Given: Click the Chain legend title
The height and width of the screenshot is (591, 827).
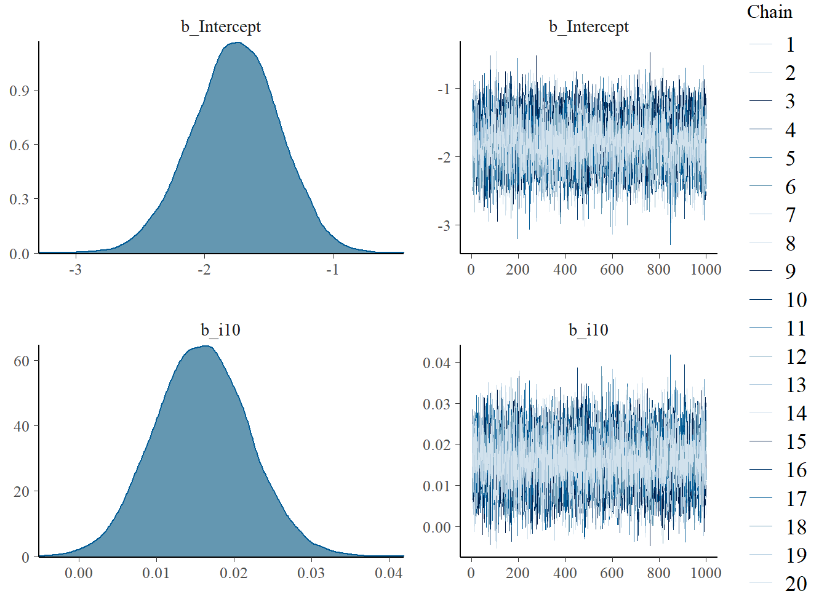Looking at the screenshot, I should pyautogui.click(x=769, y=12).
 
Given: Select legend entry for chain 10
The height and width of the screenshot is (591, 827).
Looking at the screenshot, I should pyautogui.click(x=796, y=300).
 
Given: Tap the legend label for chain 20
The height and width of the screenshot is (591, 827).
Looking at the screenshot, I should pyautogui.click(x=796, y=583).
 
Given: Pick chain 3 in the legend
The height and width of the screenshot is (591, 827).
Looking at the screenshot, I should pyautogui.click(x=790, y=102).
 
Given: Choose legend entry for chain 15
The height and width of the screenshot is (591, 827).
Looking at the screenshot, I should pyautogui.click(x=796, y=441).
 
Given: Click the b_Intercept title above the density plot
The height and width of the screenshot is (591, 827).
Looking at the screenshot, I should pyautogui.click(x=220, y=27).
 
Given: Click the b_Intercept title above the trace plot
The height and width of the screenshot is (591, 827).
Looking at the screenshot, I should pyautogui.click(x=588, y=27).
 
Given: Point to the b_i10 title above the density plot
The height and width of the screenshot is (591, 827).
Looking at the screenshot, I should pyautogui.click(x=220, y=330).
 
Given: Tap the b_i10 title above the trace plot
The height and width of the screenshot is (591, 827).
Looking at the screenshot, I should pyautogui.click(x=588, y=330).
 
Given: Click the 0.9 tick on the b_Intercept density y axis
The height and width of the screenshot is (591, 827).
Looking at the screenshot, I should pyautogui.click(x=19, y=91).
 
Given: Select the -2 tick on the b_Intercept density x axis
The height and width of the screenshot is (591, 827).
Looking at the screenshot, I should pyautogui.click(x=204, y=270).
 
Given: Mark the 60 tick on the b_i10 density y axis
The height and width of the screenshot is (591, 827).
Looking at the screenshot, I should pyautogui.click(x=22, y=361).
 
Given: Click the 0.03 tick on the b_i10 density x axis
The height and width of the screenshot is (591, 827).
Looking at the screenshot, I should pyautogui.click(x=311, y=573).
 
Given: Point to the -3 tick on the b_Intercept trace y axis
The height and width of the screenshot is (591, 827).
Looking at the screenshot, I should pyautogui.click(x=444, y=226).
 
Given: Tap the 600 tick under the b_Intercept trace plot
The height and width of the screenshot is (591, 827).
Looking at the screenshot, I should pyautogui.click(x=612, y=270).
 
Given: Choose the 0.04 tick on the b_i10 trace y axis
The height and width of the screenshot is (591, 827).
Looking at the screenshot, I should pyautogui.click(x=436, y=363).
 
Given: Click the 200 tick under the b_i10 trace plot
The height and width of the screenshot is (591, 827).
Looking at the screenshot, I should pyautogui.click(x=517, y=573).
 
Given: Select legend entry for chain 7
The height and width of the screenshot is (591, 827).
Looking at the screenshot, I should pyautogui.click(x=790, y=215).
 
